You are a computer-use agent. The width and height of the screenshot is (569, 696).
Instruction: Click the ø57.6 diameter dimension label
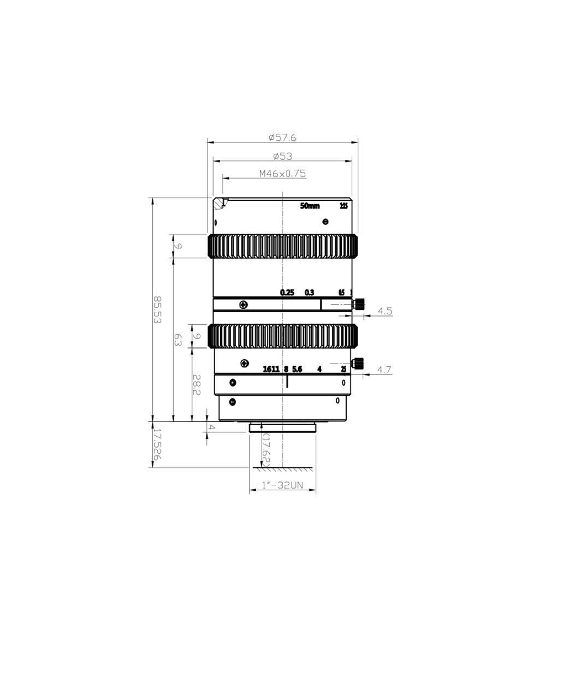coord(282,138)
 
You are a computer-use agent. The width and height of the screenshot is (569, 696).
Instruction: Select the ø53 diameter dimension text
coord(282,156)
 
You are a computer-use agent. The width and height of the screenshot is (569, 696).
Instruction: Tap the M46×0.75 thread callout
coord(282,174)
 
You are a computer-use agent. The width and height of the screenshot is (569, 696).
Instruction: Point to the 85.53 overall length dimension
coord(157,310)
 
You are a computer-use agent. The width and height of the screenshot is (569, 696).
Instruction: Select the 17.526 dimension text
coord(157,444)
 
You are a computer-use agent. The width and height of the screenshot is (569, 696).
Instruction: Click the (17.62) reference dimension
coord(266,449)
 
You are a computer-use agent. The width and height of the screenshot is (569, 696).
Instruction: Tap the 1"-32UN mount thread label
coord(282,485)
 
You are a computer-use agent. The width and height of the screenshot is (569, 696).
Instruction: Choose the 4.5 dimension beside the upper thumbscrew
coord(385,311)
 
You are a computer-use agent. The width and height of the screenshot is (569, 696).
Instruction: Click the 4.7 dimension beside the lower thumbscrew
coord(384,370)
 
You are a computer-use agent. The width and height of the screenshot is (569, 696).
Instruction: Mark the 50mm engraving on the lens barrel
coord(310,206)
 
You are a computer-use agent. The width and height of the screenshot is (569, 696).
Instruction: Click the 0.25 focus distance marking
coord(287,293)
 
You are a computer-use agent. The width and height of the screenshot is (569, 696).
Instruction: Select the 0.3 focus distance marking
coord(310,293)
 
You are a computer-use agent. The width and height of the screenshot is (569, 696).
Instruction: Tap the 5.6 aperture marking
coord(297,369)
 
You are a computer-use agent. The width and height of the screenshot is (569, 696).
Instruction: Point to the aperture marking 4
coord(319,369)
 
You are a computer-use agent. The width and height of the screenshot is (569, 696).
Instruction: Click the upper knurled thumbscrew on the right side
coord(359,304)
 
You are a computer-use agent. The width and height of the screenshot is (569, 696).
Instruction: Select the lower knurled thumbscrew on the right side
coord(359,362)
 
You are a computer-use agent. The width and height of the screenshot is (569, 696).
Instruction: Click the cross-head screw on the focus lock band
coord(244,304)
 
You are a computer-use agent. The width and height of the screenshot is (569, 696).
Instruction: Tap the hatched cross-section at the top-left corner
coord(220,204)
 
